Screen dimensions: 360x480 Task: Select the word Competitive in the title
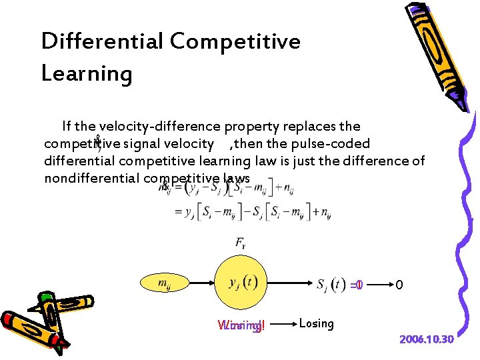tap(235, 42)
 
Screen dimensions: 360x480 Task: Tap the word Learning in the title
tap(87, 73)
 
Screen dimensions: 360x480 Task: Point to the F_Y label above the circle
tap(239, 243)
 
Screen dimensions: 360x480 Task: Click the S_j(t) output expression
tap(331, 285)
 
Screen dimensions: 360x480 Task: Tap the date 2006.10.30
tap(426, 340)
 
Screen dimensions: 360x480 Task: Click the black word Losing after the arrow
tap(316, 323)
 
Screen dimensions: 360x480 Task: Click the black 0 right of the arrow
tap(399, 285)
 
